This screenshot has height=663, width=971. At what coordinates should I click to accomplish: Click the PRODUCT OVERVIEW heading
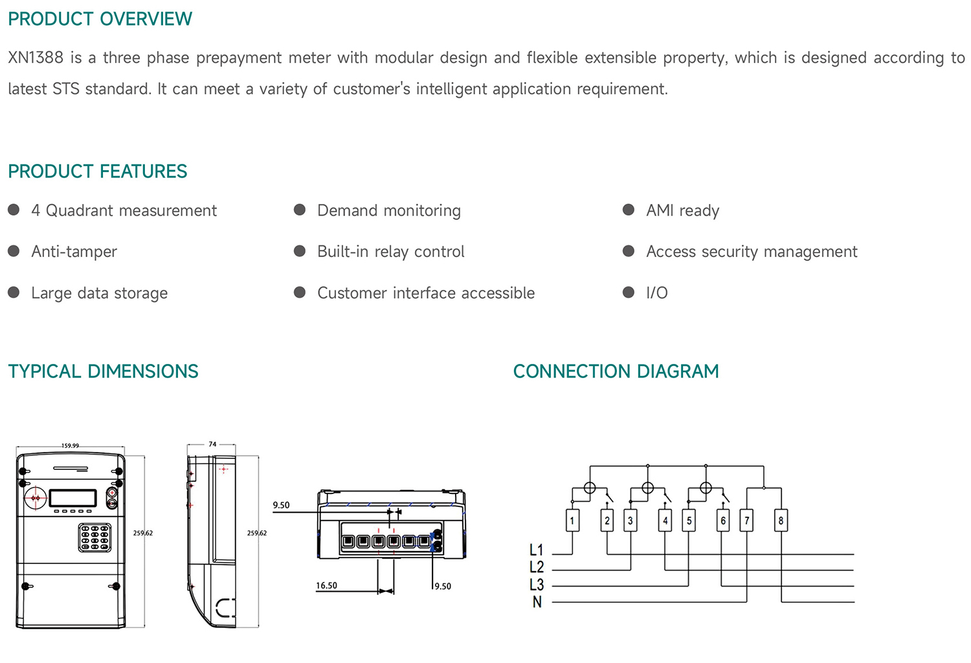coord(100,19)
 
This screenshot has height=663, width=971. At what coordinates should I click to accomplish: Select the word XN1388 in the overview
coord(36,58)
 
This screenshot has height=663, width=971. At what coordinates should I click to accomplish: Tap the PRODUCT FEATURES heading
coord(97,171)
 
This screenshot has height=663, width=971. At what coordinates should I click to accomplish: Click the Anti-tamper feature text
coord(74,251)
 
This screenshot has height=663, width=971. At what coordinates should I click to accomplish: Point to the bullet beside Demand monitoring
coord(300,210)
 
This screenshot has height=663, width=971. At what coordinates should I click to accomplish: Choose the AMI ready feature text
coord(682,210)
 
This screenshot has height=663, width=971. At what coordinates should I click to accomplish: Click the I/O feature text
coord(656,293)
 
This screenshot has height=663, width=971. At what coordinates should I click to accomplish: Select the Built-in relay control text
coord(390,251)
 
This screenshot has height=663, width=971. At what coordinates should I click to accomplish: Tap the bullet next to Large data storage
coord(14,293)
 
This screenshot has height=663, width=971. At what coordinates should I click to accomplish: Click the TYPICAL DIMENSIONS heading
coord(103,371)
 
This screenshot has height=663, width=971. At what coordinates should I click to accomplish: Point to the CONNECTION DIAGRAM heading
coord(616,371)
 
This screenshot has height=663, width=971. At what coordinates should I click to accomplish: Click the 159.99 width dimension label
coord(70,445)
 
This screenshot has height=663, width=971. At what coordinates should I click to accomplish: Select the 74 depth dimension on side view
coord(212,444)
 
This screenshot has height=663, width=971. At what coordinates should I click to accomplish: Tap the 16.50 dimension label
coord(326,585)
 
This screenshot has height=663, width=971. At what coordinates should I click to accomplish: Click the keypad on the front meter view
coord(95,537)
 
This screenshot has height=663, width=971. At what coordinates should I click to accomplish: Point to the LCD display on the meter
coord(73,498)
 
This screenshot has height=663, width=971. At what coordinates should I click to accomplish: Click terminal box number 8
coord(781,521)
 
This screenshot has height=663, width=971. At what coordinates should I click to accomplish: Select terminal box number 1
coord(572,521)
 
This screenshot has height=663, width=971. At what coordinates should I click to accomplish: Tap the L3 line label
coord(537,585)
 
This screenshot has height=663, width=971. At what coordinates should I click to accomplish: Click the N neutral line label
coord(537,602)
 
